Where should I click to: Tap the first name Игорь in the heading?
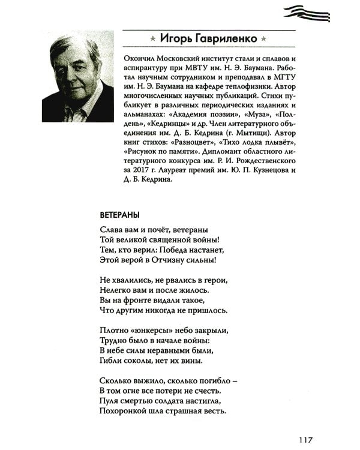point(176,38)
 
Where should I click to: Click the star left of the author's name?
point(153,39)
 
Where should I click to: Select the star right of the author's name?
point(263,39)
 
